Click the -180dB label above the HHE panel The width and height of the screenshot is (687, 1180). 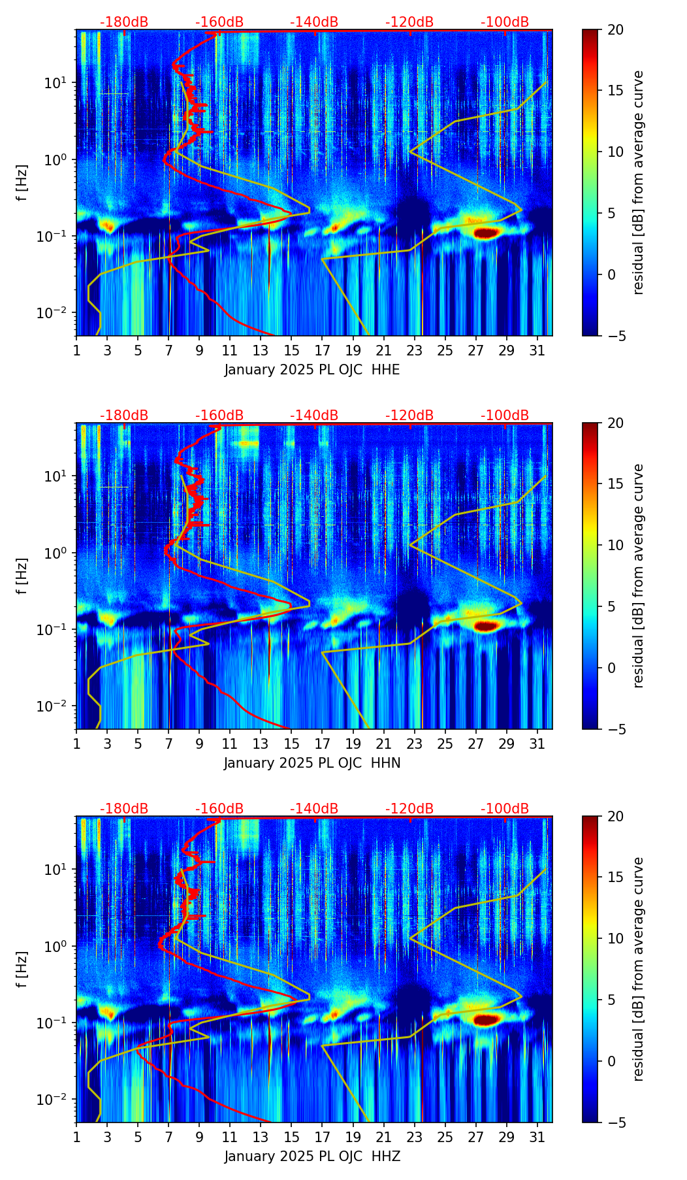pyautogui.click(x=124, y=22)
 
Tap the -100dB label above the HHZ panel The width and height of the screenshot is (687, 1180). pyautogui.click(x=505, y=809)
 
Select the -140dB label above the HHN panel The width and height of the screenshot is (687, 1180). pyautogui.click(x=314, y=416)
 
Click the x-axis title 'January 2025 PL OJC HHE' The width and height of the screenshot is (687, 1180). pyautogui.click(x=312, y=370)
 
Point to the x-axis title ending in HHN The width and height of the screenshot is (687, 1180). pyautogui.click(x=312, y=763)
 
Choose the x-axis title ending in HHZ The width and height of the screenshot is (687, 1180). pyautogui.click(x=312, y=1156)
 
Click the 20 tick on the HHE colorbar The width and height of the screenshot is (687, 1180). pyautogui.click(x=615, y=30)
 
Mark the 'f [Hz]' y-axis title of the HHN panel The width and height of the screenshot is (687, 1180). pyautogui.click(x=22, y=576)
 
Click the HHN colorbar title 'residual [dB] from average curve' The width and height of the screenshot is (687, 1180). pyautogui.click(x=639, y=576)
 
